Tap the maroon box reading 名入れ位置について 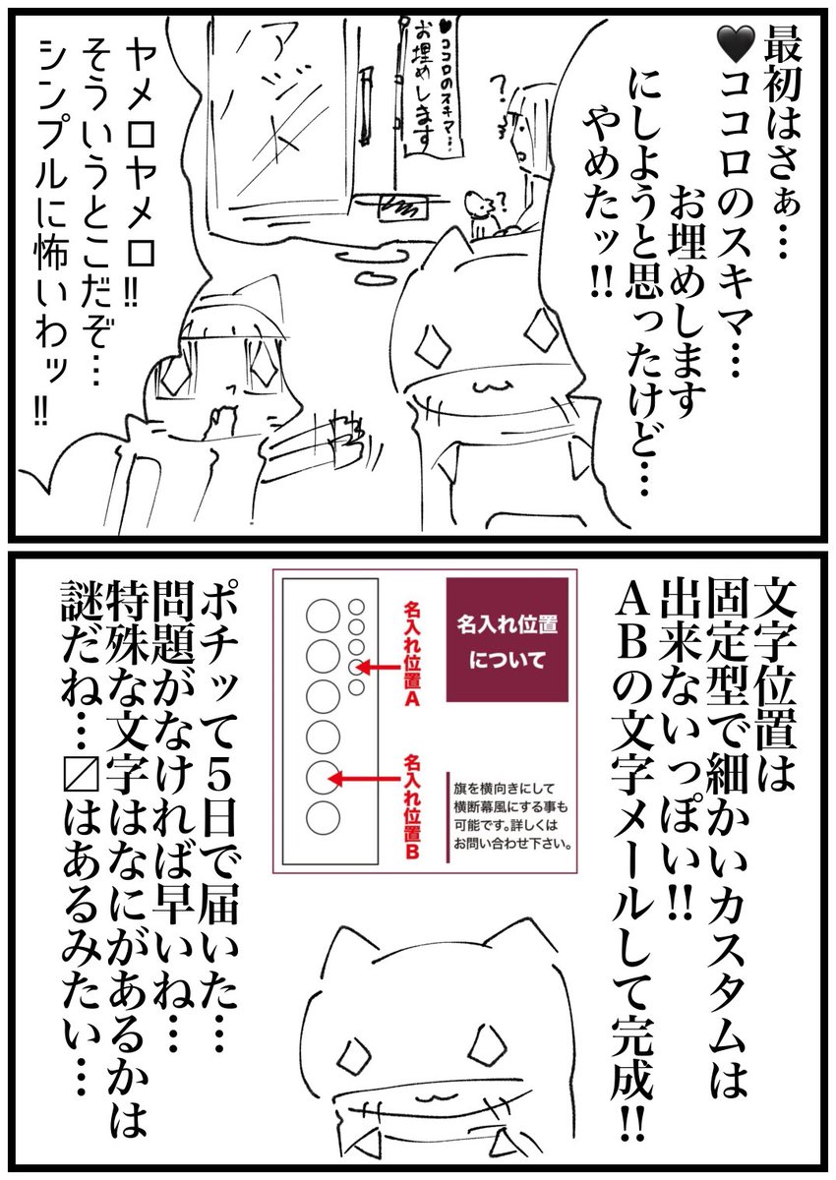tap(507, 639)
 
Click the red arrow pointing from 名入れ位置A tap(379, 668)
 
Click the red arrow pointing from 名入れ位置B tap(365, 779)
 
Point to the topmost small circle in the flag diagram tap(357, 607)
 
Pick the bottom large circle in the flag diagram tap(323, 818)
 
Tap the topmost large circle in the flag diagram tap(323, 616)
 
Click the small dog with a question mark tap(483, 212)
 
